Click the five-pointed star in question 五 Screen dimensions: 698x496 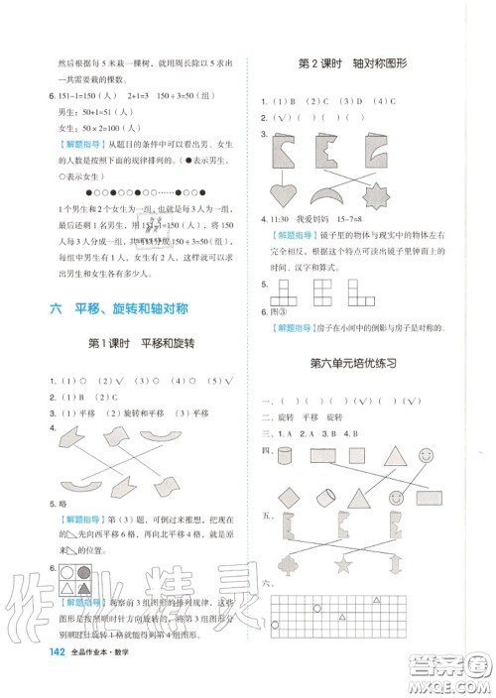pyautogui.click(x=344, y=564)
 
